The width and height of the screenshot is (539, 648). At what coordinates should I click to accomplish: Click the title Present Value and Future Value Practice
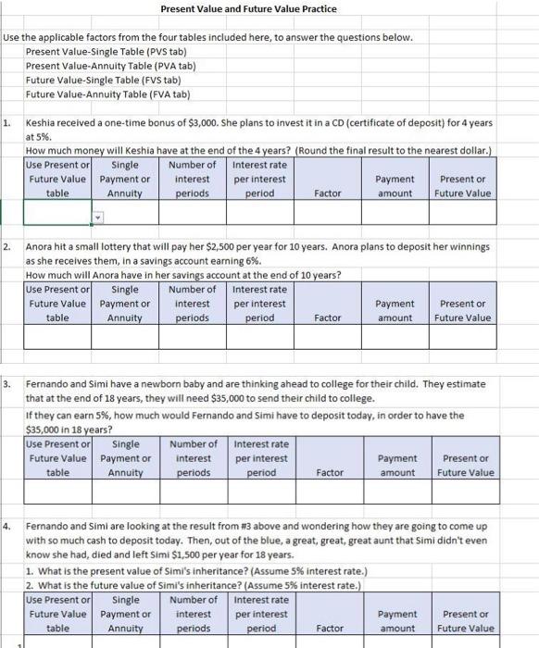(x=248, y=9)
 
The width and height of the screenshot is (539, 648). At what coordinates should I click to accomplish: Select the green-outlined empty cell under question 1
(x=56, y=214)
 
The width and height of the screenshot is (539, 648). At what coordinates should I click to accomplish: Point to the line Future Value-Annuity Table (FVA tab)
(x=107, y=94)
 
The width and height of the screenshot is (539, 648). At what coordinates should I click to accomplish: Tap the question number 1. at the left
(x=6, y=123)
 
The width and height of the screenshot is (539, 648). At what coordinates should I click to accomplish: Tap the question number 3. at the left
(x=6, y=382)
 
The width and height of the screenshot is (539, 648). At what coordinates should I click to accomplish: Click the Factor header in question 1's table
(x=328, y=193)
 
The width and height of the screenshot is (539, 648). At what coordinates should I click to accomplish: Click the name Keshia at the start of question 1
(x=41, y=123)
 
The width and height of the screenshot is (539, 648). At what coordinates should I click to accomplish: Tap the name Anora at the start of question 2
(x=40, y=248)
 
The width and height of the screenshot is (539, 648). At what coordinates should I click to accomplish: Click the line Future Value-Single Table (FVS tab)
(x=107, y=80)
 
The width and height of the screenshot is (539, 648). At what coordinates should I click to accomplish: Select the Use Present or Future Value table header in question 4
(x=57, y=613)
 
